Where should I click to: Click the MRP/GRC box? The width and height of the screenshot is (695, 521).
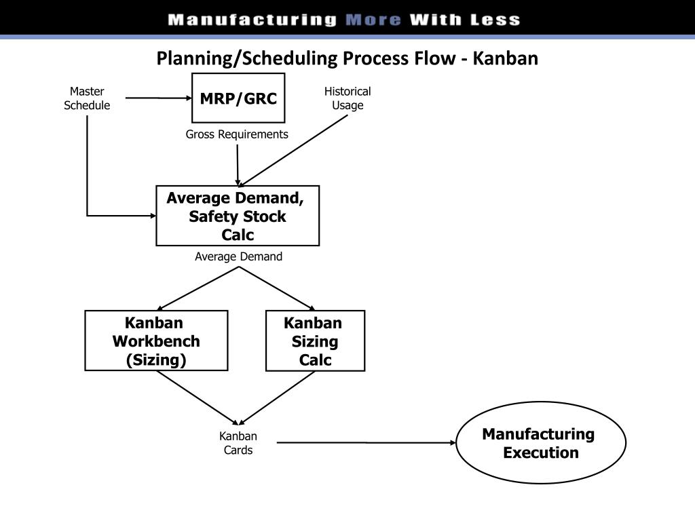tap(238, 98)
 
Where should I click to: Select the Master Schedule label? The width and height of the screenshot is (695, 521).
tap(87, 98)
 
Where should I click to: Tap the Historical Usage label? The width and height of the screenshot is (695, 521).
tap(347, 98)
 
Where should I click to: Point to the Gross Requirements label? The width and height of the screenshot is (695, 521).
tap(237, 134)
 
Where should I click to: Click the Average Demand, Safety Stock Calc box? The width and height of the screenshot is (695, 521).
tap(237, 216)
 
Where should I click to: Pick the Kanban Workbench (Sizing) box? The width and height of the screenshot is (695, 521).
tap(156, 341)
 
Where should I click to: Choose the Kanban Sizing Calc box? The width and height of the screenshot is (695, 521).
tap(315, 341)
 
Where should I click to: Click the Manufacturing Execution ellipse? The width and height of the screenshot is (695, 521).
tap(540, 443)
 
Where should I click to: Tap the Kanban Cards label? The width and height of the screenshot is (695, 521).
tap(238, 443)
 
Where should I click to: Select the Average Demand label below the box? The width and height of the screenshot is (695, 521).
tap(238, 256)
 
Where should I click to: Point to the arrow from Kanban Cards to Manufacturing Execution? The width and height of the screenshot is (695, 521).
tap(367, 442)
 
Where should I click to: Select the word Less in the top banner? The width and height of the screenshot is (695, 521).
tap(495, 20)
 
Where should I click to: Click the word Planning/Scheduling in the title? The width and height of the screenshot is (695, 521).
tap(247, 59)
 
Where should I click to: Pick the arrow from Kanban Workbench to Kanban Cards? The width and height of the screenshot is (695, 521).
tap(198, 398)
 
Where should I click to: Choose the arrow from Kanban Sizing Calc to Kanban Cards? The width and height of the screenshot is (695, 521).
tap(278, 398)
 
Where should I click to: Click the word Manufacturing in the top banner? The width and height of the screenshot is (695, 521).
tap(252, 20)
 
